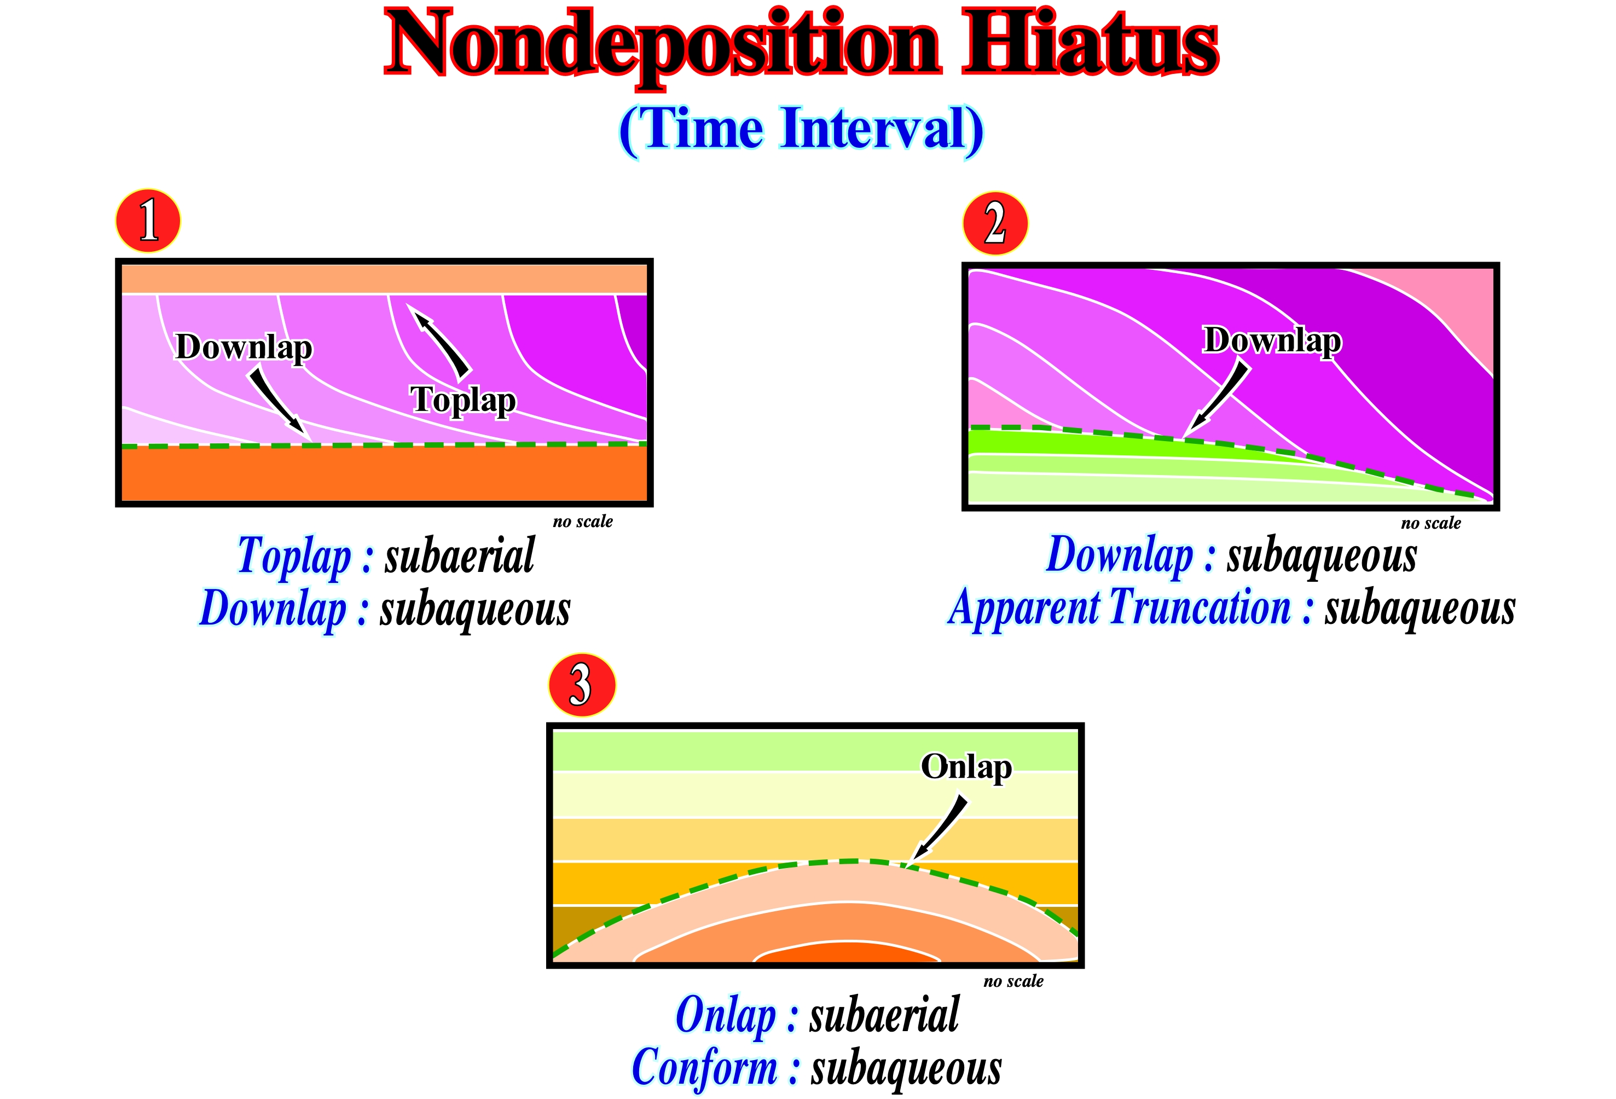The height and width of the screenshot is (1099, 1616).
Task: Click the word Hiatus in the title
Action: [1090, 43]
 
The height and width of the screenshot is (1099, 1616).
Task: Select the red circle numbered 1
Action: [148, 221]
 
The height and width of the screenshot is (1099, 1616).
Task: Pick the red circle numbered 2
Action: [995, 223]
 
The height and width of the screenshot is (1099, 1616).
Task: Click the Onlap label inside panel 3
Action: [966, 767]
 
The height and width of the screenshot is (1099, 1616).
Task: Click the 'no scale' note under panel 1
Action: [583, 522]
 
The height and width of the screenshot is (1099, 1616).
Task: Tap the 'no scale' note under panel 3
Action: [1013, 981]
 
